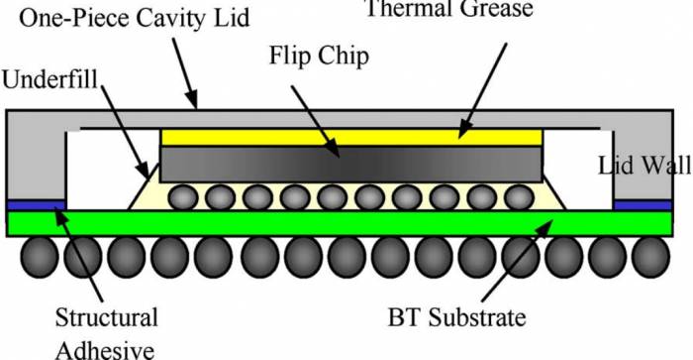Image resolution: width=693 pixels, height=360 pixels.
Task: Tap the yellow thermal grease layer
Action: (x=351, y=136)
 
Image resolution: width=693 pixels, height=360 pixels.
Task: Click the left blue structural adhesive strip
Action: (x=36, y=205)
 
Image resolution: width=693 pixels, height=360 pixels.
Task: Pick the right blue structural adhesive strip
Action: (x=643, y=205)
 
